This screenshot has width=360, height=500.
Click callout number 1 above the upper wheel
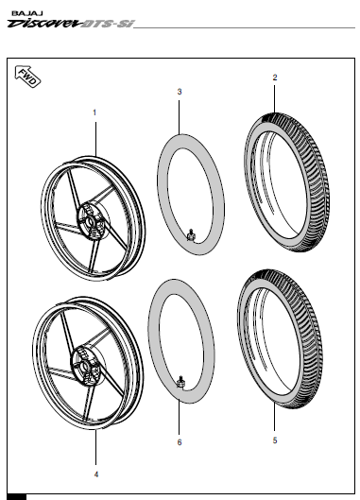[x=94, y=112]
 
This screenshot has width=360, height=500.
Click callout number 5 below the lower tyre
[x=274, y=440]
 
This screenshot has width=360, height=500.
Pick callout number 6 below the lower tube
[x=180, y=442]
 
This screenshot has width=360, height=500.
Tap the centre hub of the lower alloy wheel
[x=84, y=360]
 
